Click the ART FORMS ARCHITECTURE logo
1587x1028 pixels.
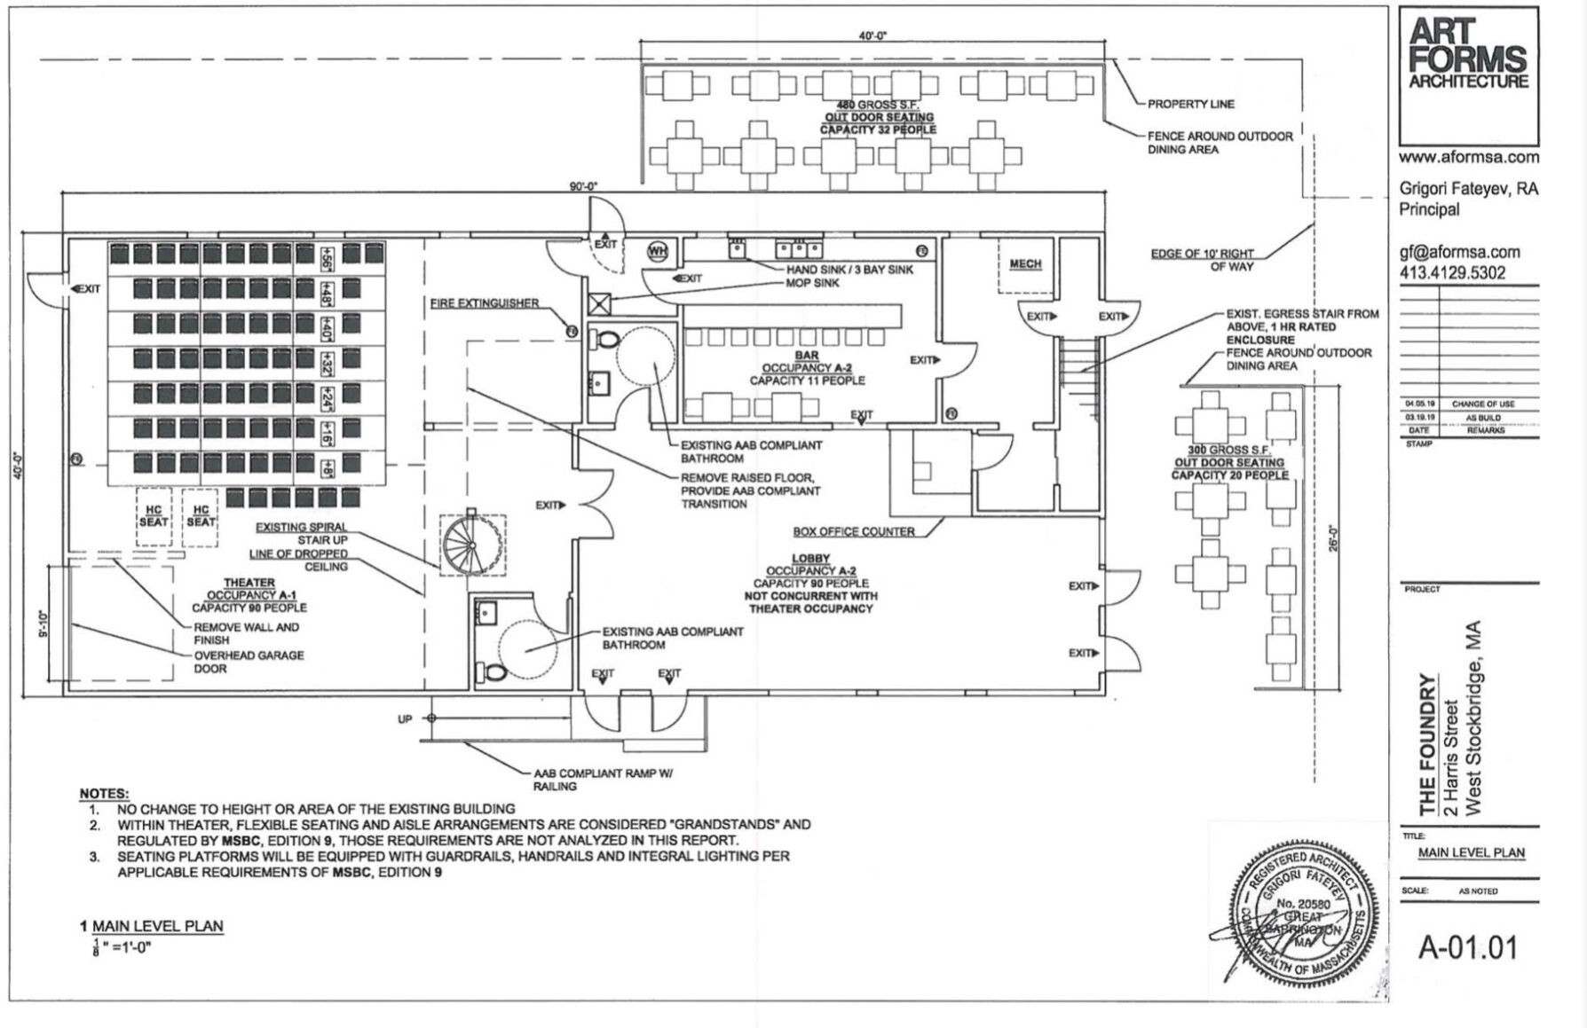coord(1468,55)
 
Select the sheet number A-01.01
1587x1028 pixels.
coord(1467,947)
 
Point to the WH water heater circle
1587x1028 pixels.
coord(658,251)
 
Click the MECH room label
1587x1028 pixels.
coord(1025,263)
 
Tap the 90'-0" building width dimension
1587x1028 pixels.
coord(583,186)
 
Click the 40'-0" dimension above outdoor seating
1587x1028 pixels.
coord(872,36)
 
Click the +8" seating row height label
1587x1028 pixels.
coord(327,467)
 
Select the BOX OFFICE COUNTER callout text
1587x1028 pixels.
coord(853,531)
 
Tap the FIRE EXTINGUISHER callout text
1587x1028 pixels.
coord(484,303)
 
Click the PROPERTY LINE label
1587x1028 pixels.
coord(1190,104)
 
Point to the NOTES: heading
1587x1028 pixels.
coord(104,793)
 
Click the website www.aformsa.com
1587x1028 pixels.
coord(1468,157)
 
